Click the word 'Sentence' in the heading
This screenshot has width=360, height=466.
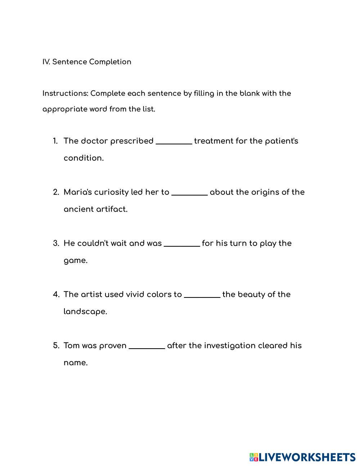[x=69, y=62]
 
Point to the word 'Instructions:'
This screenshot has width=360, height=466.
[x=65, y=94]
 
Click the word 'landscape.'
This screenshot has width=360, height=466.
[x=85, y=312]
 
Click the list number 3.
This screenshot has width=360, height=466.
[x=56, y=243]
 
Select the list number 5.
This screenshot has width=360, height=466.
[x=56, y=346]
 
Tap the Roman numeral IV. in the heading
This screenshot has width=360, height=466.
[x=46, y=62]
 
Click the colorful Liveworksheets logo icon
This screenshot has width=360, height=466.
[x=254, y=457]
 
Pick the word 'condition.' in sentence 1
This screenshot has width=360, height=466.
[x=84, y=158]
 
